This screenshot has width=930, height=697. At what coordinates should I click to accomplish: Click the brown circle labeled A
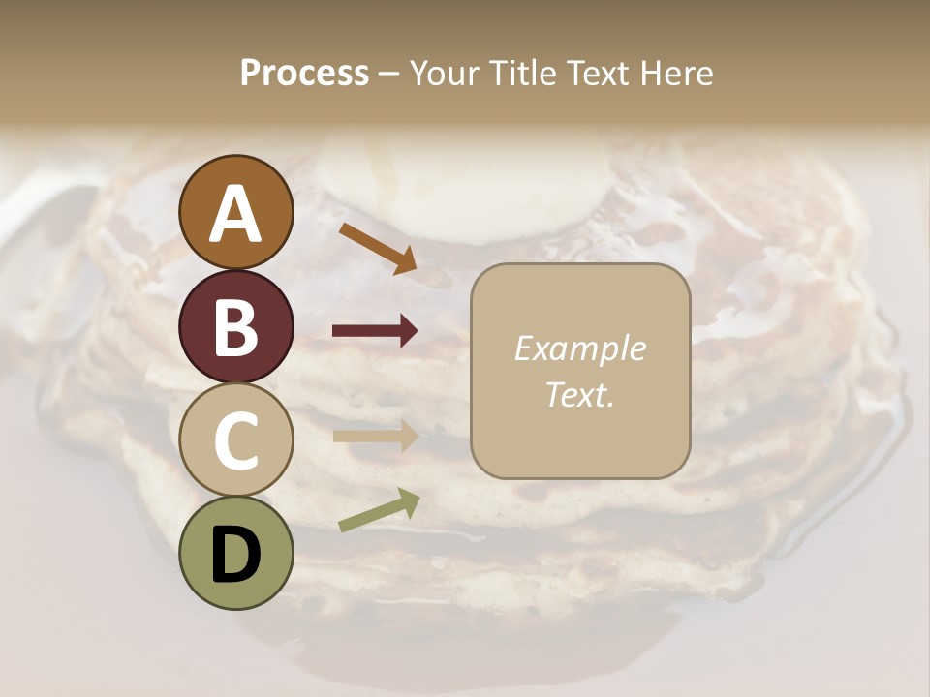point(236,212)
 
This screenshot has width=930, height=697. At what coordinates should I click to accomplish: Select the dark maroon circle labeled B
point(236,326)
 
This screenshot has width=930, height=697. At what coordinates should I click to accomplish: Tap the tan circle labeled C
point(236,439)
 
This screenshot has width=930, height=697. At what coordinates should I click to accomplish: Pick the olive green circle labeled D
point(236,553)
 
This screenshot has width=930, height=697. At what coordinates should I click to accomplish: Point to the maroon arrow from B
point(375,331)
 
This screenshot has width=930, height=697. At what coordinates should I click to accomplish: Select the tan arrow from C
point(375,436)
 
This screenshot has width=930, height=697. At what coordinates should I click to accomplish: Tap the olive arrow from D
point(379,510)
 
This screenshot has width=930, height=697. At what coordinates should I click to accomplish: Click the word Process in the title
point(304,74)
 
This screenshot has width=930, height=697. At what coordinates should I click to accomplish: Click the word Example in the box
point(579,348)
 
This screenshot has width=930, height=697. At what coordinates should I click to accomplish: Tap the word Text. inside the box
point(579,394)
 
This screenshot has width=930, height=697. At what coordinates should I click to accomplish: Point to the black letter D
point(236,556)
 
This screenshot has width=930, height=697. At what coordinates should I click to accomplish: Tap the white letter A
point(236,215)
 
